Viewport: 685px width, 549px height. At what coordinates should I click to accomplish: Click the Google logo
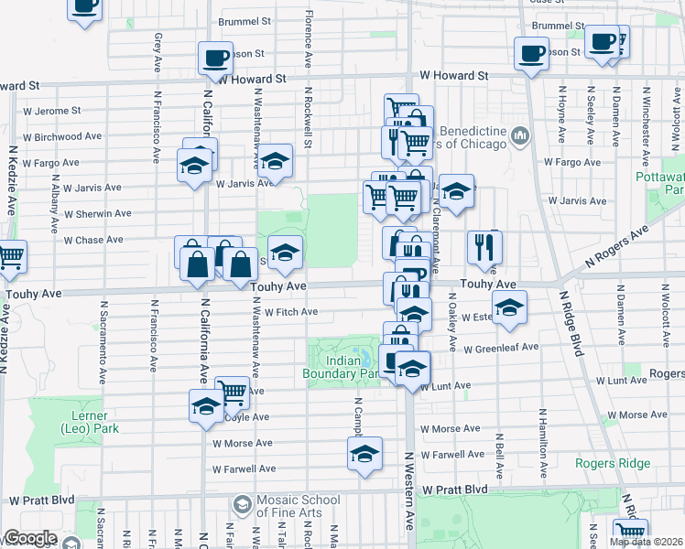(29, 538)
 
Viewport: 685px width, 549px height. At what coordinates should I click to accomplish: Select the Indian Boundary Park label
(341, 367)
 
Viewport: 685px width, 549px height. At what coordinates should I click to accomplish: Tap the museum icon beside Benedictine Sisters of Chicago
(521, 136)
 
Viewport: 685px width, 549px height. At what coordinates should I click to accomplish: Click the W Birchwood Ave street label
(62, 137)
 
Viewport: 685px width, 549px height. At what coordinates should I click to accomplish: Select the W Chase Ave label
(93, 240)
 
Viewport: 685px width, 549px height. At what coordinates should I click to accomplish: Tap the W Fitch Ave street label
(290, 312)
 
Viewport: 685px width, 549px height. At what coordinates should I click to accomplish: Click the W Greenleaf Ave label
(500, 348)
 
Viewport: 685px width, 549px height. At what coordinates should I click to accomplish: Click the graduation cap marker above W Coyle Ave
(205, 405)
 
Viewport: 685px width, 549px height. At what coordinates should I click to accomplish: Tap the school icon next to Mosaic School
(242, 504)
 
